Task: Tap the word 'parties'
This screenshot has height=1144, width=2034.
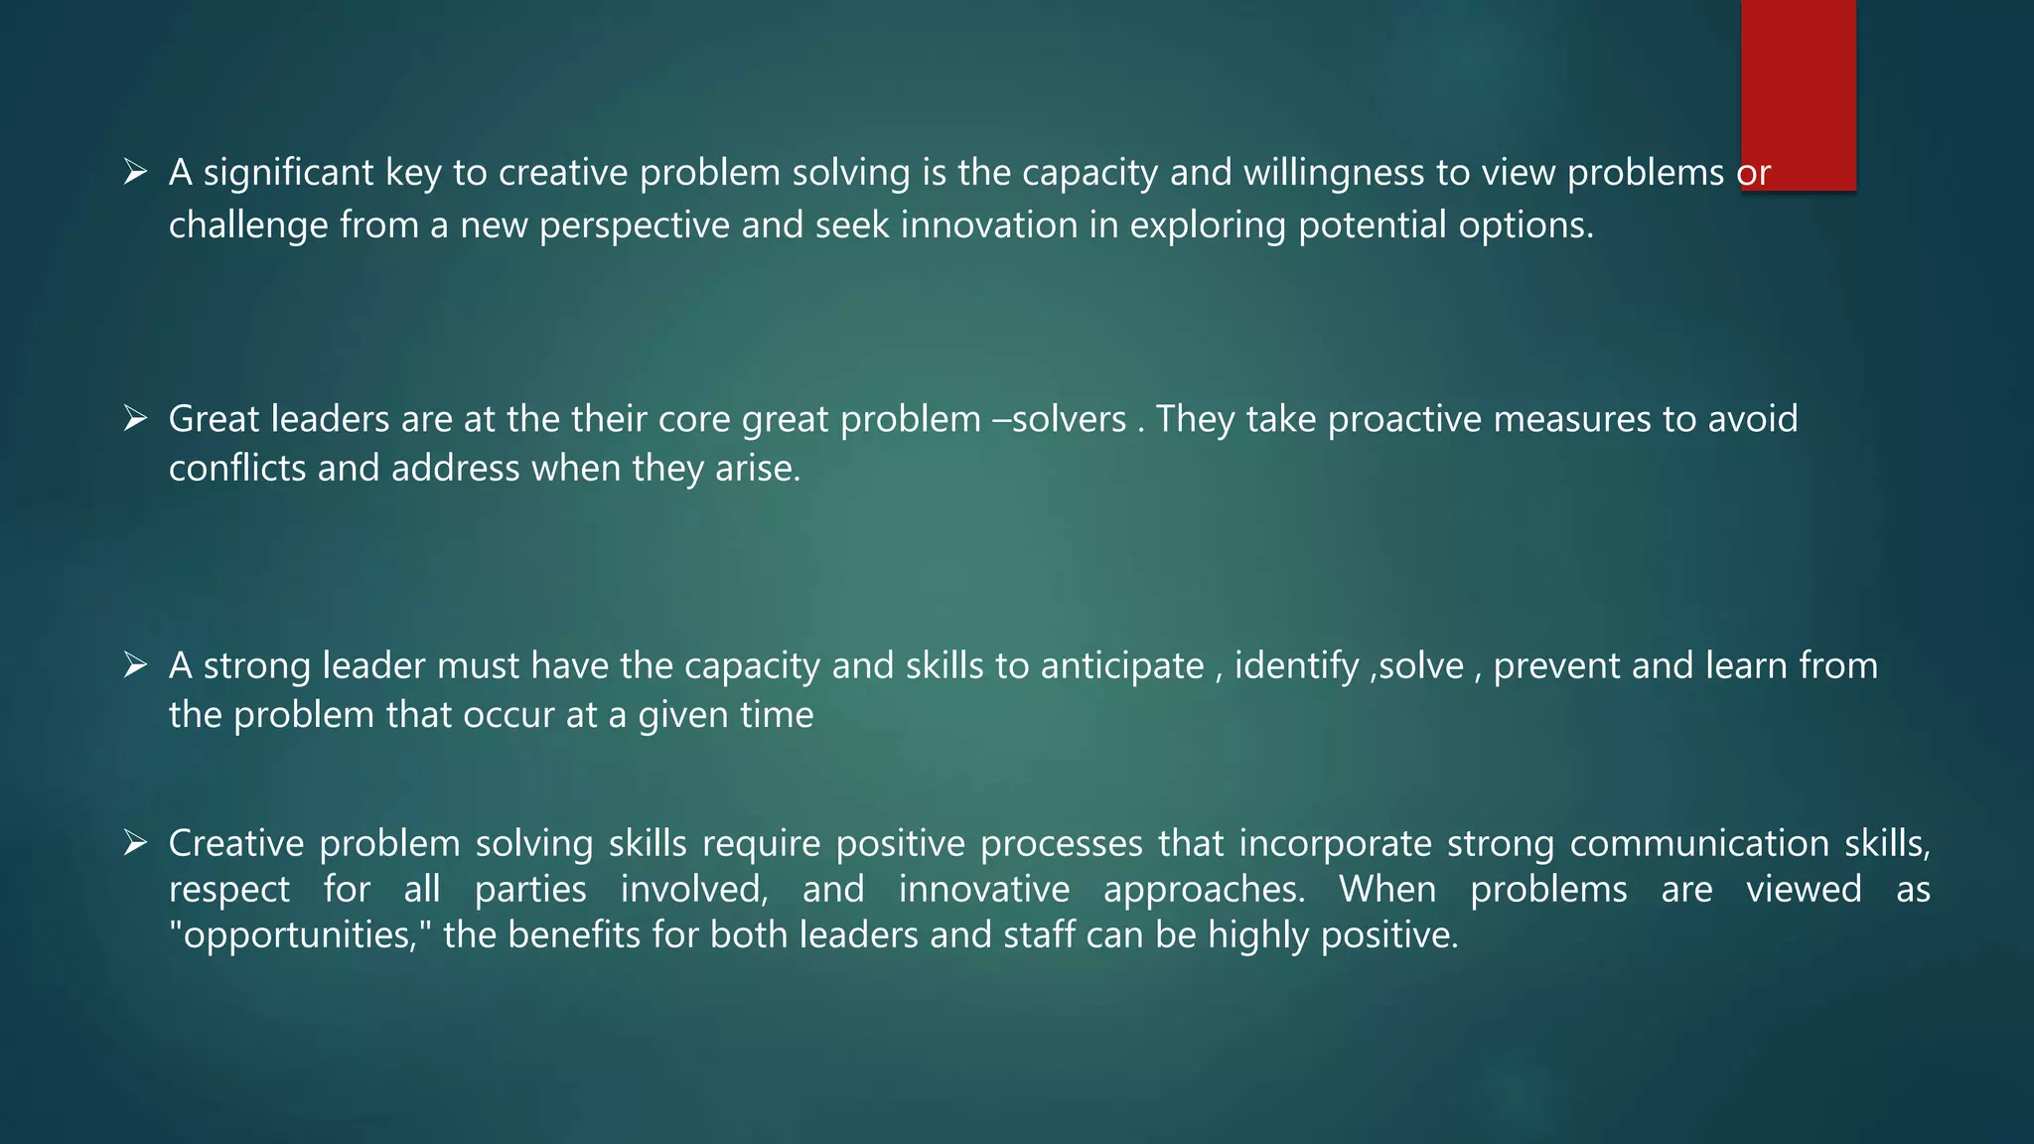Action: point(530,889)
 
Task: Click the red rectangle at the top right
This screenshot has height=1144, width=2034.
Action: point(1798,94)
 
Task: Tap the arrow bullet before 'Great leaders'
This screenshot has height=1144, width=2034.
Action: point(135,418)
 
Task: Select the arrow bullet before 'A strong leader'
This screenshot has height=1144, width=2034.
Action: point(135,664)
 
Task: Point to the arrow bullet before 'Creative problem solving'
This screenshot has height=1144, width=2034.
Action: point(135,843)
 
